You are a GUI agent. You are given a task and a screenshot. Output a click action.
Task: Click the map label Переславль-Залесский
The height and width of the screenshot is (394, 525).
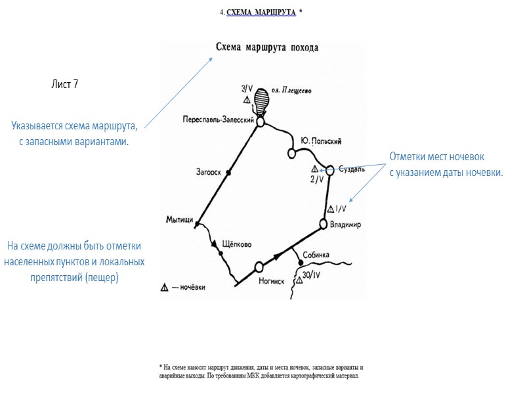click(x=219, y=120)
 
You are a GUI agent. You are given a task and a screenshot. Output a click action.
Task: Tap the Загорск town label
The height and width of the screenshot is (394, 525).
click(x=209, y=172)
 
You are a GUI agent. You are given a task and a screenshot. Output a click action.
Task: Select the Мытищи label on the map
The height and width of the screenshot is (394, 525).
click(x=179, y=220)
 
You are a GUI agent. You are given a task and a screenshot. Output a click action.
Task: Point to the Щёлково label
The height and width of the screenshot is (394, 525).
click(x=238, y=243)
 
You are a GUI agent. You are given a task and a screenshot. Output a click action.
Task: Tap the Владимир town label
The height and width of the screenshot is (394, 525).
click(x=346, y=225)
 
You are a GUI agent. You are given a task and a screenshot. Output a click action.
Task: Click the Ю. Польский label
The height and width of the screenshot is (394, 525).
click(x=321, y=141)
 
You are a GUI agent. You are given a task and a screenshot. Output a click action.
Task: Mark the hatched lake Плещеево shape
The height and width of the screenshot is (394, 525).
click(x=262, y=102)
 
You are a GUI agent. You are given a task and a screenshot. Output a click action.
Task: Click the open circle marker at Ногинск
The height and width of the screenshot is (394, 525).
click(x=259, y=267)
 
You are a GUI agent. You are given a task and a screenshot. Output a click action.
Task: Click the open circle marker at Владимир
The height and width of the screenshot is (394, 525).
click(x=323, y=224)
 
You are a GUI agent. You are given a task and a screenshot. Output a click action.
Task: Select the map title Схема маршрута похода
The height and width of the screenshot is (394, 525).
click(x=267, y=47)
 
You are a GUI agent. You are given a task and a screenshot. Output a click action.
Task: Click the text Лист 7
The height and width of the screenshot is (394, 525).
click(x=65, y=83)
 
